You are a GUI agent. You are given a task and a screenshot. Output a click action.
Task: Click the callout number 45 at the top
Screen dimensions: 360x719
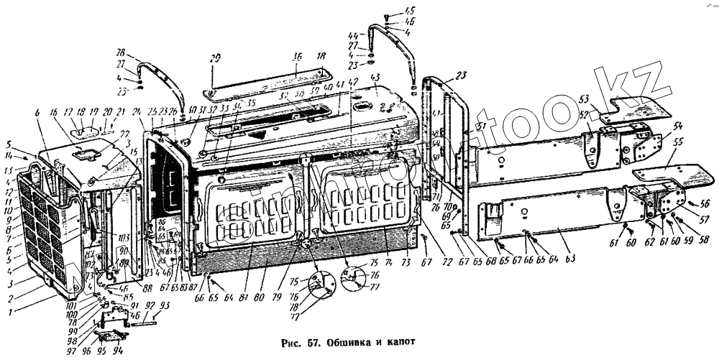pos(389,10)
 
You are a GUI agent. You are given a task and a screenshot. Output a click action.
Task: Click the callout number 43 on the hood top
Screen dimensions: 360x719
pos(375,77)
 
